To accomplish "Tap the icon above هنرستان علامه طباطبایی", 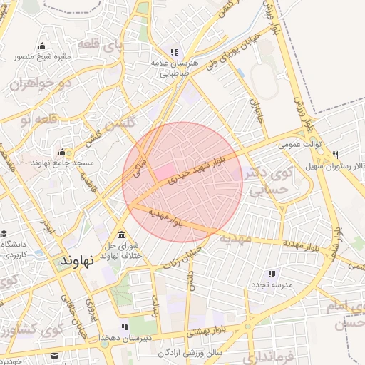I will click(173, 51).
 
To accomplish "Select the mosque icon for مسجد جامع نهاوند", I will click(63, 152).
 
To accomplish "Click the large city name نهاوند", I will click(78, 261).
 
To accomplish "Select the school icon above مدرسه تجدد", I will click(272, 274).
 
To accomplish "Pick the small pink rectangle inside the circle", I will click(165, 172).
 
